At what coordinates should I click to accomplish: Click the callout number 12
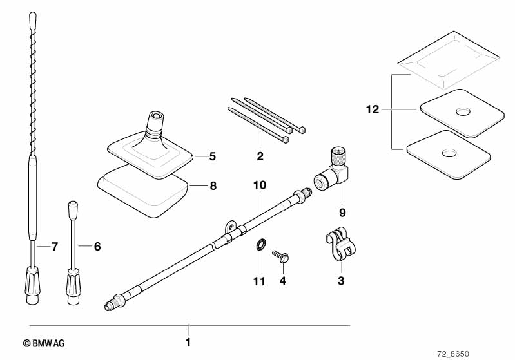[373, 109]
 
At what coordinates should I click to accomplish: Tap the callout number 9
[342, 213]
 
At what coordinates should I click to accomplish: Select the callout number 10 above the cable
[260, 185]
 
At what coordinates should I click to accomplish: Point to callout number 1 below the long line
[188, 342]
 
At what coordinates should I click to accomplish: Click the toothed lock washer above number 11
[260, 245]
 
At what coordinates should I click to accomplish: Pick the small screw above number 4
[281, 256]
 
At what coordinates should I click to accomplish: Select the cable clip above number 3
[341, 244]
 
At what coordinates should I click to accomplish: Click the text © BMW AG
[44, 344]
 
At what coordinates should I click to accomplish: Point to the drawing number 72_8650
[453, 354]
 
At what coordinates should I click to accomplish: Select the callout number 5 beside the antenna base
[213, 156]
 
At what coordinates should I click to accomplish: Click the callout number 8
[213, 186]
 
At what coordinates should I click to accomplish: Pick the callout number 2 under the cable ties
[260, 156]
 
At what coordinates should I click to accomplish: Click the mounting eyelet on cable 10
[231, 227]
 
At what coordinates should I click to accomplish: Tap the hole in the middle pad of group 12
[463, 111]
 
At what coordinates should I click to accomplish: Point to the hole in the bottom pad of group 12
[449, 152]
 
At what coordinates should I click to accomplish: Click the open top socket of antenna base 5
[156, 116]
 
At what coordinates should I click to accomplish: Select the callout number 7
[55, 246]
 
